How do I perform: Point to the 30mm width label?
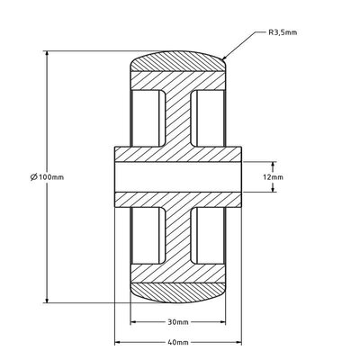[177, 321]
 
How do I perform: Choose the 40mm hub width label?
[177, 343]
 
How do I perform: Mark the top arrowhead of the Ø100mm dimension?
[46, 54]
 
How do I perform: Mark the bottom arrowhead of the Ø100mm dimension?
[46, 301]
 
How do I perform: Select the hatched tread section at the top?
[177, 67]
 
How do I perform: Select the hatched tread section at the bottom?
[177, 290]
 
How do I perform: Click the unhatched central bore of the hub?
[177, 177]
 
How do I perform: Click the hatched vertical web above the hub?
[177, 117]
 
